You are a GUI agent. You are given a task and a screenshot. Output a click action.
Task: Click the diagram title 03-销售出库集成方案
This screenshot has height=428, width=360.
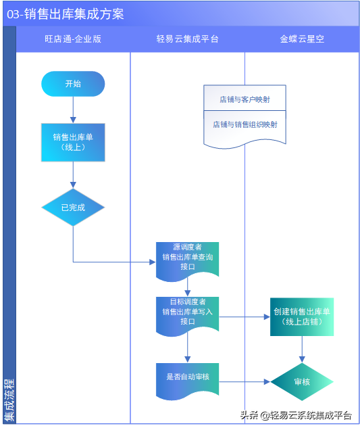(x=66, y=14)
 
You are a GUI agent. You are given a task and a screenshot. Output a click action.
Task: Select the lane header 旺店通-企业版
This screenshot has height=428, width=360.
(x=73, y=39)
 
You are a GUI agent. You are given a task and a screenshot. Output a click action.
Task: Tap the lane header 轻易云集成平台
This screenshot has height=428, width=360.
(x=187, y=39)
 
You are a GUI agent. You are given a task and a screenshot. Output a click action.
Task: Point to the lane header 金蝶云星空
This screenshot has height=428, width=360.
(x=302, y=39)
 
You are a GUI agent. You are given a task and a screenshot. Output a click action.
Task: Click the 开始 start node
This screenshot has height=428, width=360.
(x=73, y=84)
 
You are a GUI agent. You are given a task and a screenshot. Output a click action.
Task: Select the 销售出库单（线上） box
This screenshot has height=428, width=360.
(x=73, y=142)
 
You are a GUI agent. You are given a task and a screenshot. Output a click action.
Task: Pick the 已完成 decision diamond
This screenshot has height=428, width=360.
(x=73, y=208)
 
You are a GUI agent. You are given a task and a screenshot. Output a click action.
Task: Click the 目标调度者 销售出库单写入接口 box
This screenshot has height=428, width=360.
(x=187, y=312)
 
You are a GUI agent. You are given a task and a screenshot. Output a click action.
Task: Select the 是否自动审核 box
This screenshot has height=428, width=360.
(x=187, y=377)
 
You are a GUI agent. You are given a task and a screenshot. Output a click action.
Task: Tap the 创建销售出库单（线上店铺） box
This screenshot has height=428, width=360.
(x=302, y=316)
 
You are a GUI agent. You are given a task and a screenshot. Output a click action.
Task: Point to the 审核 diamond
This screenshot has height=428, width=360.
(x=302, y=382)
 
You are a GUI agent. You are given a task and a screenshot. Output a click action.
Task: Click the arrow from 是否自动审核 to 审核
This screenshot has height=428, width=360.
(x=245, y=382)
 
